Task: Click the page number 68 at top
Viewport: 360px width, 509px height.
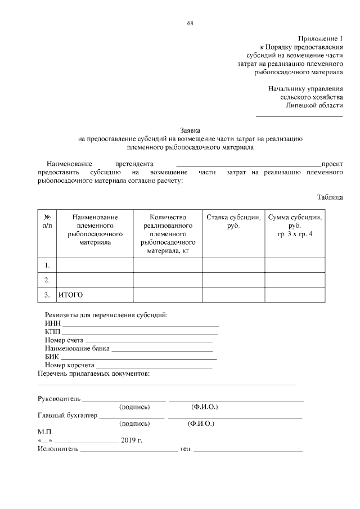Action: (190, 23)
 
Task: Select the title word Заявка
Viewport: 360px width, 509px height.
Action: (190, 130)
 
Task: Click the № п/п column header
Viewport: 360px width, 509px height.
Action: (48, 221)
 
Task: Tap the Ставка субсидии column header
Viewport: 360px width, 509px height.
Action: (233, 221)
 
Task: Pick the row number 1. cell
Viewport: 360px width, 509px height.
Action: (48, 265)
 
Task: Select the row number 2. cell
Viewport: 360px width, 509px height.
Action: (48, 280)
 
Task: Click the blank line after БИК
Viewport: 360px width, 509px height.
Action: (138, 358)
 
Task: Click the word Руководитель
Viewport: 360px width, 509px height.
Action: (59, 399)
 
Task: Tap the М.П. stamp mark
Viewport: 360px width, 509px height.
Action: (45, 432)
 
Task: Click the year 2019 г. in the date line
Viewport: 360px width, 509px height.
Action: (132, 440)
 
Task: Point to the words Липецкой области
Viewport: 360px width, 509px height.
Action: (314, 105)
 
